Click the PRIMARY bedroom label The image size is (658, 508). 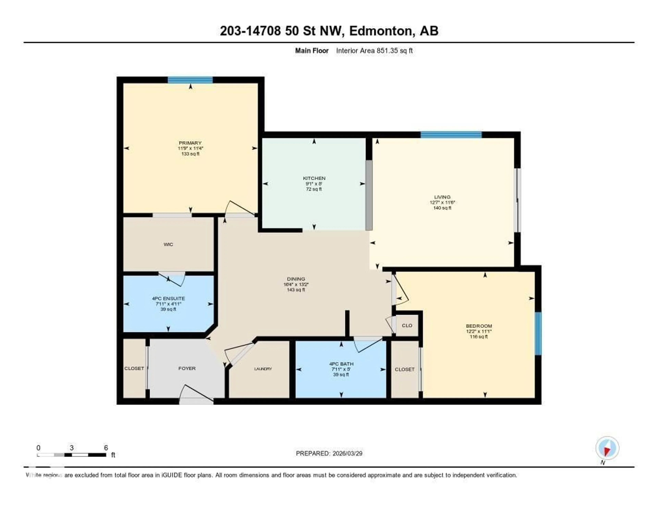tap(190, 143)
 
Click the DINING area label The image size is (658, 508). tap(296, 279)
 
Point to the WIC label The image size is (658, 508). tap(168, 244)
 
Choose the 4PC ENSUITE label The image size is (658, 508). tap(168, 298)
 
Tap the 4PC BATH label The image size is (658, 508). tap(341, 364)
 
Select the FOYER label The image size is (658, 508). tap(187, 368)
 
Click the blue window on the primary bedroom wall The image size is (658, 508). tap(190, 80)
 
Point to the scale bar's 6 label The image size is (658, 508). tap(106, 448)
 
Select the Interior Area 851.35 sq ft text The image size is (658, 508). tap(374, 51)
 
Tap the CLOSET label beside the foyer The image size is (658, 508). tap(134, 368)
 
